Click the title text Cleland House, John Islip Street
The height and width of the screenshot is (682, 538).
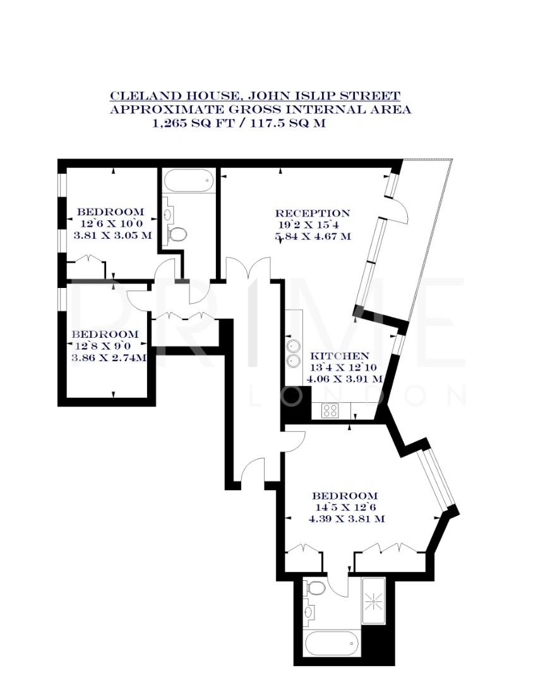coord(255,96)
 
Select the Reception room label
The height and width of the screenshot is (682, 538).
coord(312,213)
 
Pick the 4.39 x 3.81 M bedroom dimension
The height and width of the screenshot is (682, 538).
coord(347,519)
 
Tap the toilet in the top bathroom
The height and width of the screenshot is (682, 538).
coord(179,235)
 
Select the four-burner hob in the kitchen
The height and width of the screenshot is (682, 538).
coord(330,410)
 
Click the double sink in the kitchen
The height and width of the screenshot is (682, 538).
coord(294,354)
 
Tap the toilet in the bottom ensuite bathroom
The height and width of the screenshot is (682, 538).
coord(315,589)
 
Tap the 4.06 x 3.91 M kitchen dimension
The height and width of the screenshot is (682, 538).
coord(344,379)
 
